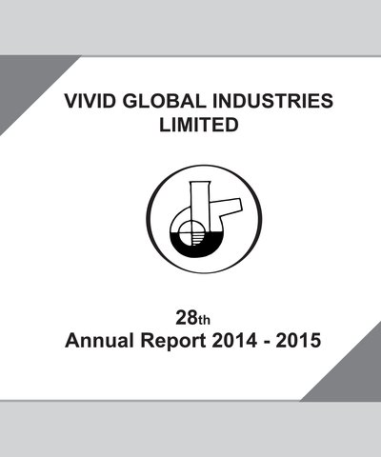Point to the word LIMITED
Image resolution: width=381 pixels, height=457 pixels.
tap(199, 125)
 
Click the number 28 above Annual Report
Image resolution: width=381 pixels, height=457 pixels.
tap(187, 318)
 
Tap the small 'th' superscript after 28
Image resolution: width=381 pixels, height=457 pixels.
tap(204, 320)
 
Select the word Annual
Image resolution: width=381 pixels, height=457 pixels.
tap(99, 341)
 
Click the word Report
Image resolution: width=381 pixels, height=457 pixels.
tap(173, 342)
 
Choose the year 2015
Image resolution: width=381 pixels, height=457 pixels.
tap(298, 341)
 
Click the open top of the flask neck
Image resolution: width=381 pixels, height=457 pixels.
tap(200, 183)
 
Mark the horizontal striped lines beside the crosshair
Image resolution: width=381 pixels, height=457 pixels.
tap(197, 239)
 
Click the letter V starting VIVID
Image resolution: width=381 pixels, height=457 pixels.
tap(71, 101)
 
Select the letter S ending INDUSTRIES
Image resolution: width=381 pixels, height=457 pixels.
tap(327, 101)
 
